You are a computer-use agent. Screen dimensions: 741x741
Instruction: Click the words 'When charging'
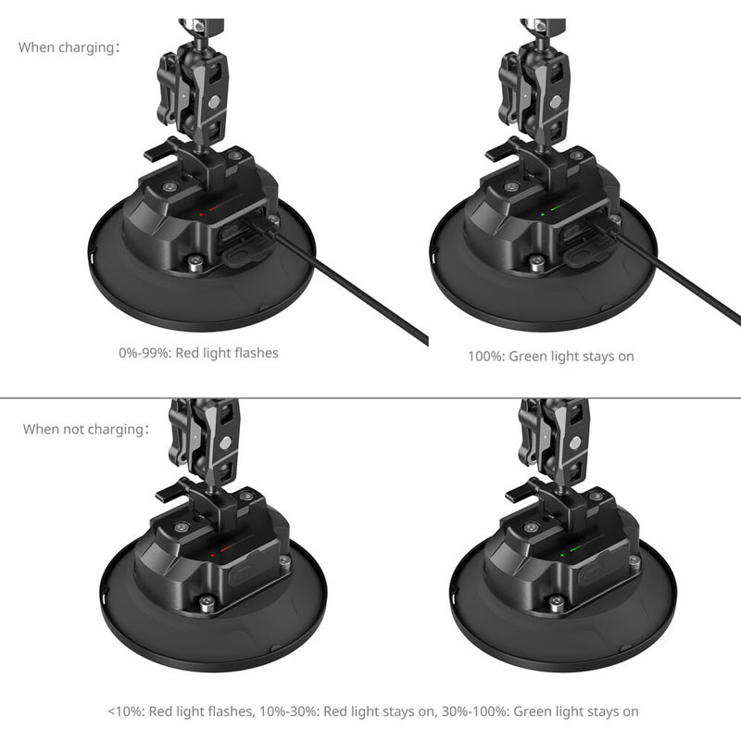pos(66,48)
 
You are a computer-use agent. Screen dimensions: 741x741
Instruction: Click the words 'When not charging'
pos(83,429)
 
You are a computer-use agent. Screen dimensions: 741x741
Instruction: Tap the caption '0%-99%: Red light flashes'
pos(198,353)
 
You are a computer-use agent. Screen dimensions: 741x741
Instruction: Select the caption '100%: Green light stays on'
pos(551,357)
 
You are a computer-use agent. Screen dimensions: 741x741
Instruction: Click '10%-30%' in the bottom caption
pos(288,711)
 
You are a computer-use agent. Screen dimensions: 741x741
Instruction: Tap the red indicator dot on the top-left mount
pos(201,215)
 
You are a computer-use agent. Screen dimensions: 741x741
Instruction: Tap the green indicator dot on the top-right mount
pos(543,215)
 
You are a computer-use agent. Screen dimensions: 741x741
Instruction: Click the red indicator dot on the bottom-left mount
pos(213,555)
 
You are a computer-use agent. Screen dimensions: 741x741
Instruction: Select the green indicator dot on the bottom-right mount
pos(562,555)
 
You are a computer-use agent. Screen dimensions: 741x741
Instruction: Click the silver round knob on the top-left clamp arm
pos(214,102)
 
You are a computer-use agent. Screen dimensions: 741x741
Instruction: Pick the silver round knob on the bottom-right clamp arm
pos(575,443)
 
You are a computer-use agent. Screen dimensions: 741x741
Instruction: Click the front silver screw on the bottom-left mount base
pos(206,602)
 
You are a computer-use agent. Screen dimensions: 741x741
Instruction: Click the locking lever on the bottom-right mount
pos(520,492)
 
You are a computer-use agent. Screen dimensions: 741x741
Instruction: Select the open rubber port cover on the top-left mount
pos(246,253)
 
